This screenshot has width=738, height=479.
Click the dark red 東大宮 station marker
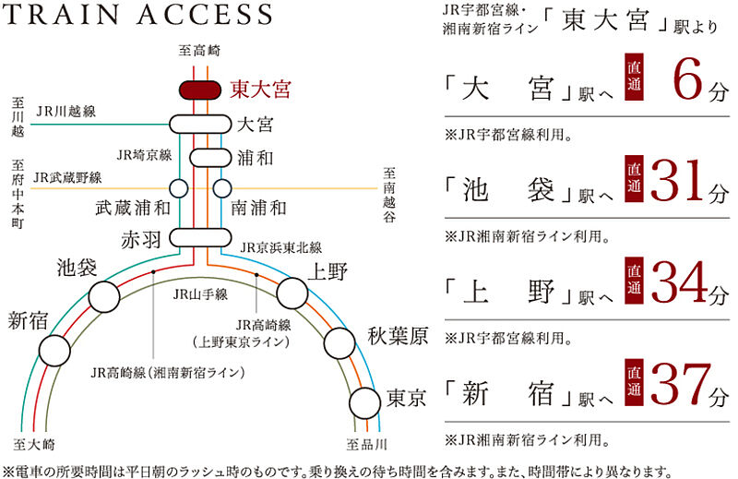tap(200, 90)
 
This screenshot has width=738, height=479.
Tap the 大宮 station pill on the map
tap(200, 125)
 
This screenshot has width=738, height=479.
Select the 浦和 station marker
tap(210, 158)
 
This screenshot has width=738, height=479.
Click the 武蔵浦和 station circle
tap(179, 188)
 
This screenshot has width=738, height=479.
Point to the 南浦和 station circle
tap(222, 188)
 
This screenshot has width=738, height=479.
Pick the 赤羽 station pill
tap(200, 238)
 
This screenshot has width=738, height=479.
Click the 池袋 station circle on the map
tap(104, 297)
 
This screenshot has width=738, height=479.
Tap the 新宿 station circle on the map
tap(54, 351)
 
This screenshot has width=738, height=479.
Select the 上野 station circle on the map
tap(292, 293)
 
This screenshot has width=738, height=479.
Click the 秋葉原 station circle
tap(339, 343)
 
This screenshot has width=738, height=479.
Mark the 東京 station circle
tap(364, 403)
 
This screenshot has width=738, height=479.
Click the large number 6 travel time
tap(688, 80)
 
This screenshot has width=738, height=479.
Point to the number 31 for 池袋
tap(679, 181)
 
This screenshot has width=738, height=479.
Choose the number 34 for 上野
tap(679, 282)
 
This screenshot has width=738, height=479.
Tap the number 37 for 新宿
tap(679, 385)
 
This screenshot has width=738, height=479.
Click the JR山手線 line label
tap(200, 294)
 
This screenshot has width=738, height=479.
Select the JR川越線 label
tap(66, 112)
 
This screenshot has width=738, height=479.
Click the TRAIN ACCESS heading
tap(137, 14)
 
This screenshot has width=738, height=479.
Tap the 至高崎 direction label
tap(199, 51)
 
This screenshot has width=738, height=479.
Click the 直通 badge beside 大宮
tap(634, 78)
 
